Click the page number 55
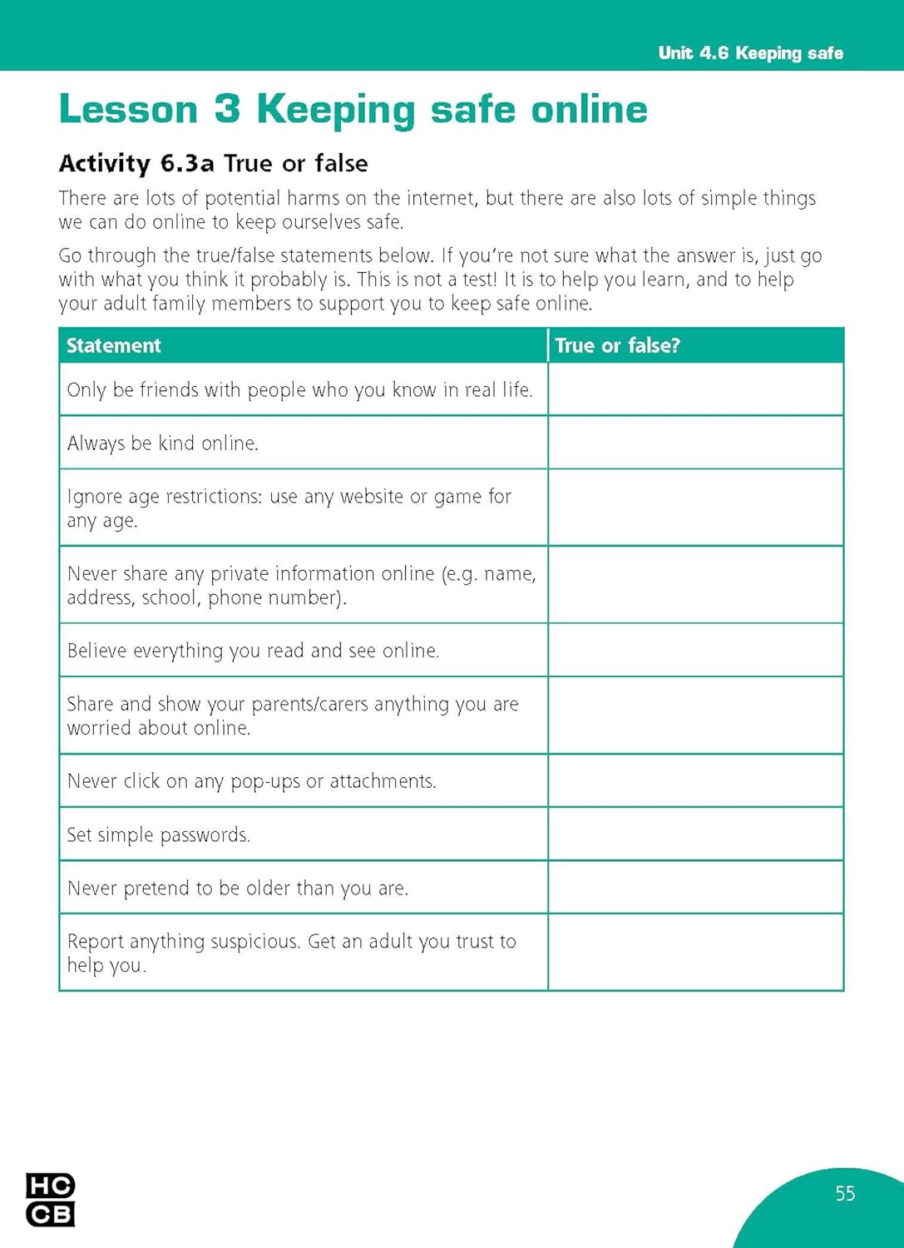(x=845, y=1194)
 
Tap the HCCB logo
(x=50, y=1200)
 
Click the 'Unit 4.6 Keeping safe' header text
(x=750, y=53)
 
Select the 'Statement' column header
(x=114, y=346)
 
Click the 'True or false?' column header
(x=617, y=346)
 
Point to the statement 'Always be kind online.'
(x=163, y=443)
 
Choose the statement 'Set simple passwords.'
(x=158, y=834)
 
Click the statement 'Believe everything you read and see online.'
(x=253, y=651)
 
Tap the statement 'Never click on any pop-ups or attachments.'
(x=251, y=781)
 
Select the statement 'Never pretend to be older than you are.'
(x=238, y=889)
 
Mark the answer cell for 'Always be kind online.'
(x=695, y=443)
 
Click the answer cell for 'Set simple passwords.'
(x=695, y=834)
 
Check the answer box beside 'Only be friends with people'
(x=695, y=389)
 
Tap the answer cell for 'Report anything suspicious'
(x=695, y=953)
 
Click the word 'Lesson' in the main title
(x=128, y=110)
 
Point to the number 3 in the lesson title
(x=227, y=110)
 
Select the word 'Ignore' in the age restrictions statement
(x=92, y=497)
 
